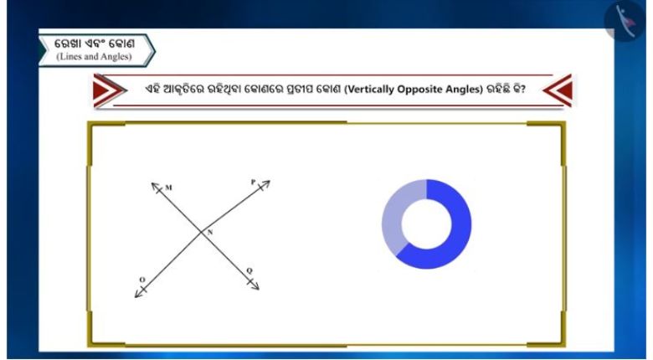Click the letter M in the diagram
tap(168, 188)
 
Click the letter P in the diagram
tap(253, 182)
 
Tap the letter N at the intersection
tap(210, 233)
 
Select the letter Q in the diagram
tap(249, 270)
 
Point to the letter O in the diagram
tap(142, 280)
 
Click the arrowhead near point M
tap(155, 186)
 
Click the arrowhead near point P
tap(265, 183)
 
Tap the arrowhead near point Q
tap(255, 285)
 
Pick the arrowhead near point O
tap(139, 293)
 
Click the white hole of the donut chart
tap(426, 224)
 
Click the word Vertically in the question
tap(369, 90)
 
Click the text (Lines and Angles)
tap(94, 57)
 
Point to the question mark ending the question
tap(522, 90)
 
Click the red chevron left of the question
tap(108, 90)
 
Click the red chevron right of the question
tap(558, 90)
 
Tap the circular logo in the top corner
tap(625, 21)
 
